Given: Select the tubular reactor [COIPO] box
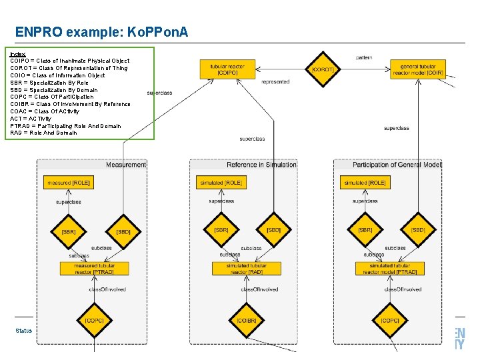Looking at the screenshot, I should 227,69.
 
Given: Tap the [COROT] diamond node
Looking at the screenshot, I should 323,69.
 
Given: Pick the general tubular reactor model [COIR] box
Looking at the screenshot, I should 418,69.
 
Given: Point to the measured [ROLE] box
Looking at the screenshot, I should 68,183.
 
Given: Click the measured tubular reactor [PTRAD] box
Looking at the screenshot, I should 94,269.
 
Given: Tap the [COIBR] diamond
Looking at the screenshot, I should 247,321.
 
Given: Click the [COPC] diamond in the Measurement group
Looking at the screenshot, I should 94,321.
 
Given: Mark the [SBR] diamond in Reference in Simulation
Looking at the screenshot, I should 221,230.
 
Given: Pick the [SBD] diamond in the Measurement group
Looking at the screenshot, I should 123,231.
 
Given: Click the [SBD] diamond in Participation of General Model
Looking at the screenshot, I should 418,230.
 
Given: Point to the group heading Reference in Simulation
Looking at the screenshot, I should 261,165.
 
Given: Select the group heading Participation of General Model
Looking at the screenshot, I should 396,165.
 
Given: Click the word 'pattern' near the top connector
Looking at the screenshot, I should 364,58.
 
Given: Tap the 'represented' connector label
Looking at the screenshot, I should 275,82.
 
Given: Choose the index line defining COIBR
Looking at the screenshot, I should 70,104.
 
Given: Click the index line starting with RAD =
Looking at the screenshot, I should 44,133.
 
